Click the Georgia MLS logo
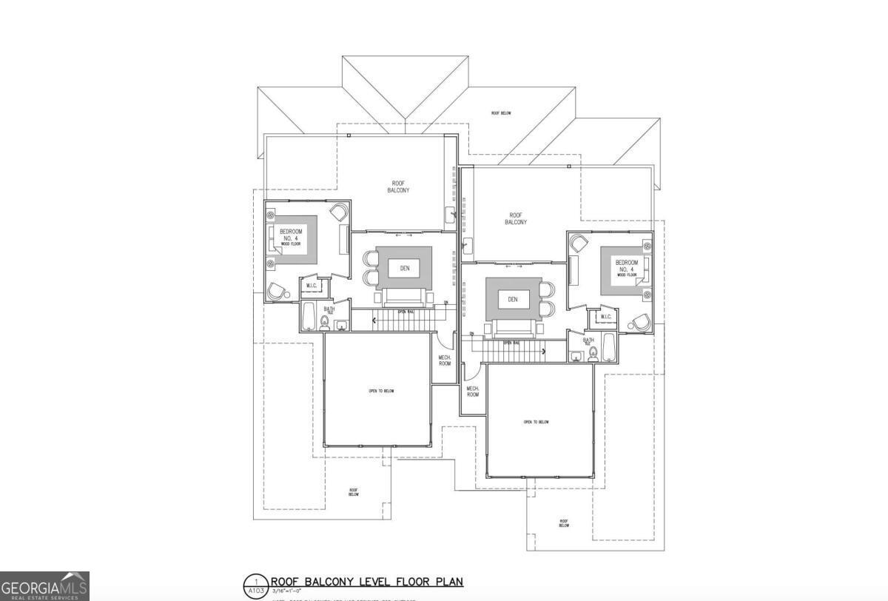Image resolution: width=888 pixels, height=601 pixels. click(x=44, y=586)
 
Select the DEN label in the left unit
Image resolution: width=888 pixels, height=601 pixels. click(x=405, y=268)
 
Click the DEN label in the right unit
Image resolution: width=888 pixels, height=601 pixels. click(x=513, y=299)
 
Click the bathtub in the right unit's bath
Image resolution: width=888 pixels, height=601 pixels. click(x=608, y=348)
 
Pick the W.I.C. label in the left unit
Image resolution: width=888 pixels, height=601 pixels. click(x=312, y=285)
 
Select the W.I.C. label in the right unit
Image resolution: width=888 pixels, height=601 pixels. click(x=605, y=318)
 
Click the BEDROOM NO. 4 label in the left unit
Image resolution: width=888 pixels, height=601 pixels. click(x=291, y=235)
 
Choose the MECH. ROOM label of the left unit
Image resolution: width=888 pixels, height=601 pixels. click(x=445, y=360)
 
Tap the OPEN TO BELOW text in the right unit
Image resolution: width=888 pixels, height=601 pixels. click(x=536, y=422)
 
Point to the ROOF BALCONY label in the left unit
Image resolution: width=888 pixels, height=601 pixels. click(x=398, y=187)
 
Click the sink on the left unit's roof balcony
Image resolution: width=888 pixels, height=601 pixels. click(x=449, y=217)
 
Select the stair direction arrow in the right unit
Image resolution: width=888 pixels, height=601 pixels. click(x=544, y=352)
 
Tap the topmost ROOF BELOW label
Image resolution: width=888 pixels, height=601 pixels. click(x=501, y=113)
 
